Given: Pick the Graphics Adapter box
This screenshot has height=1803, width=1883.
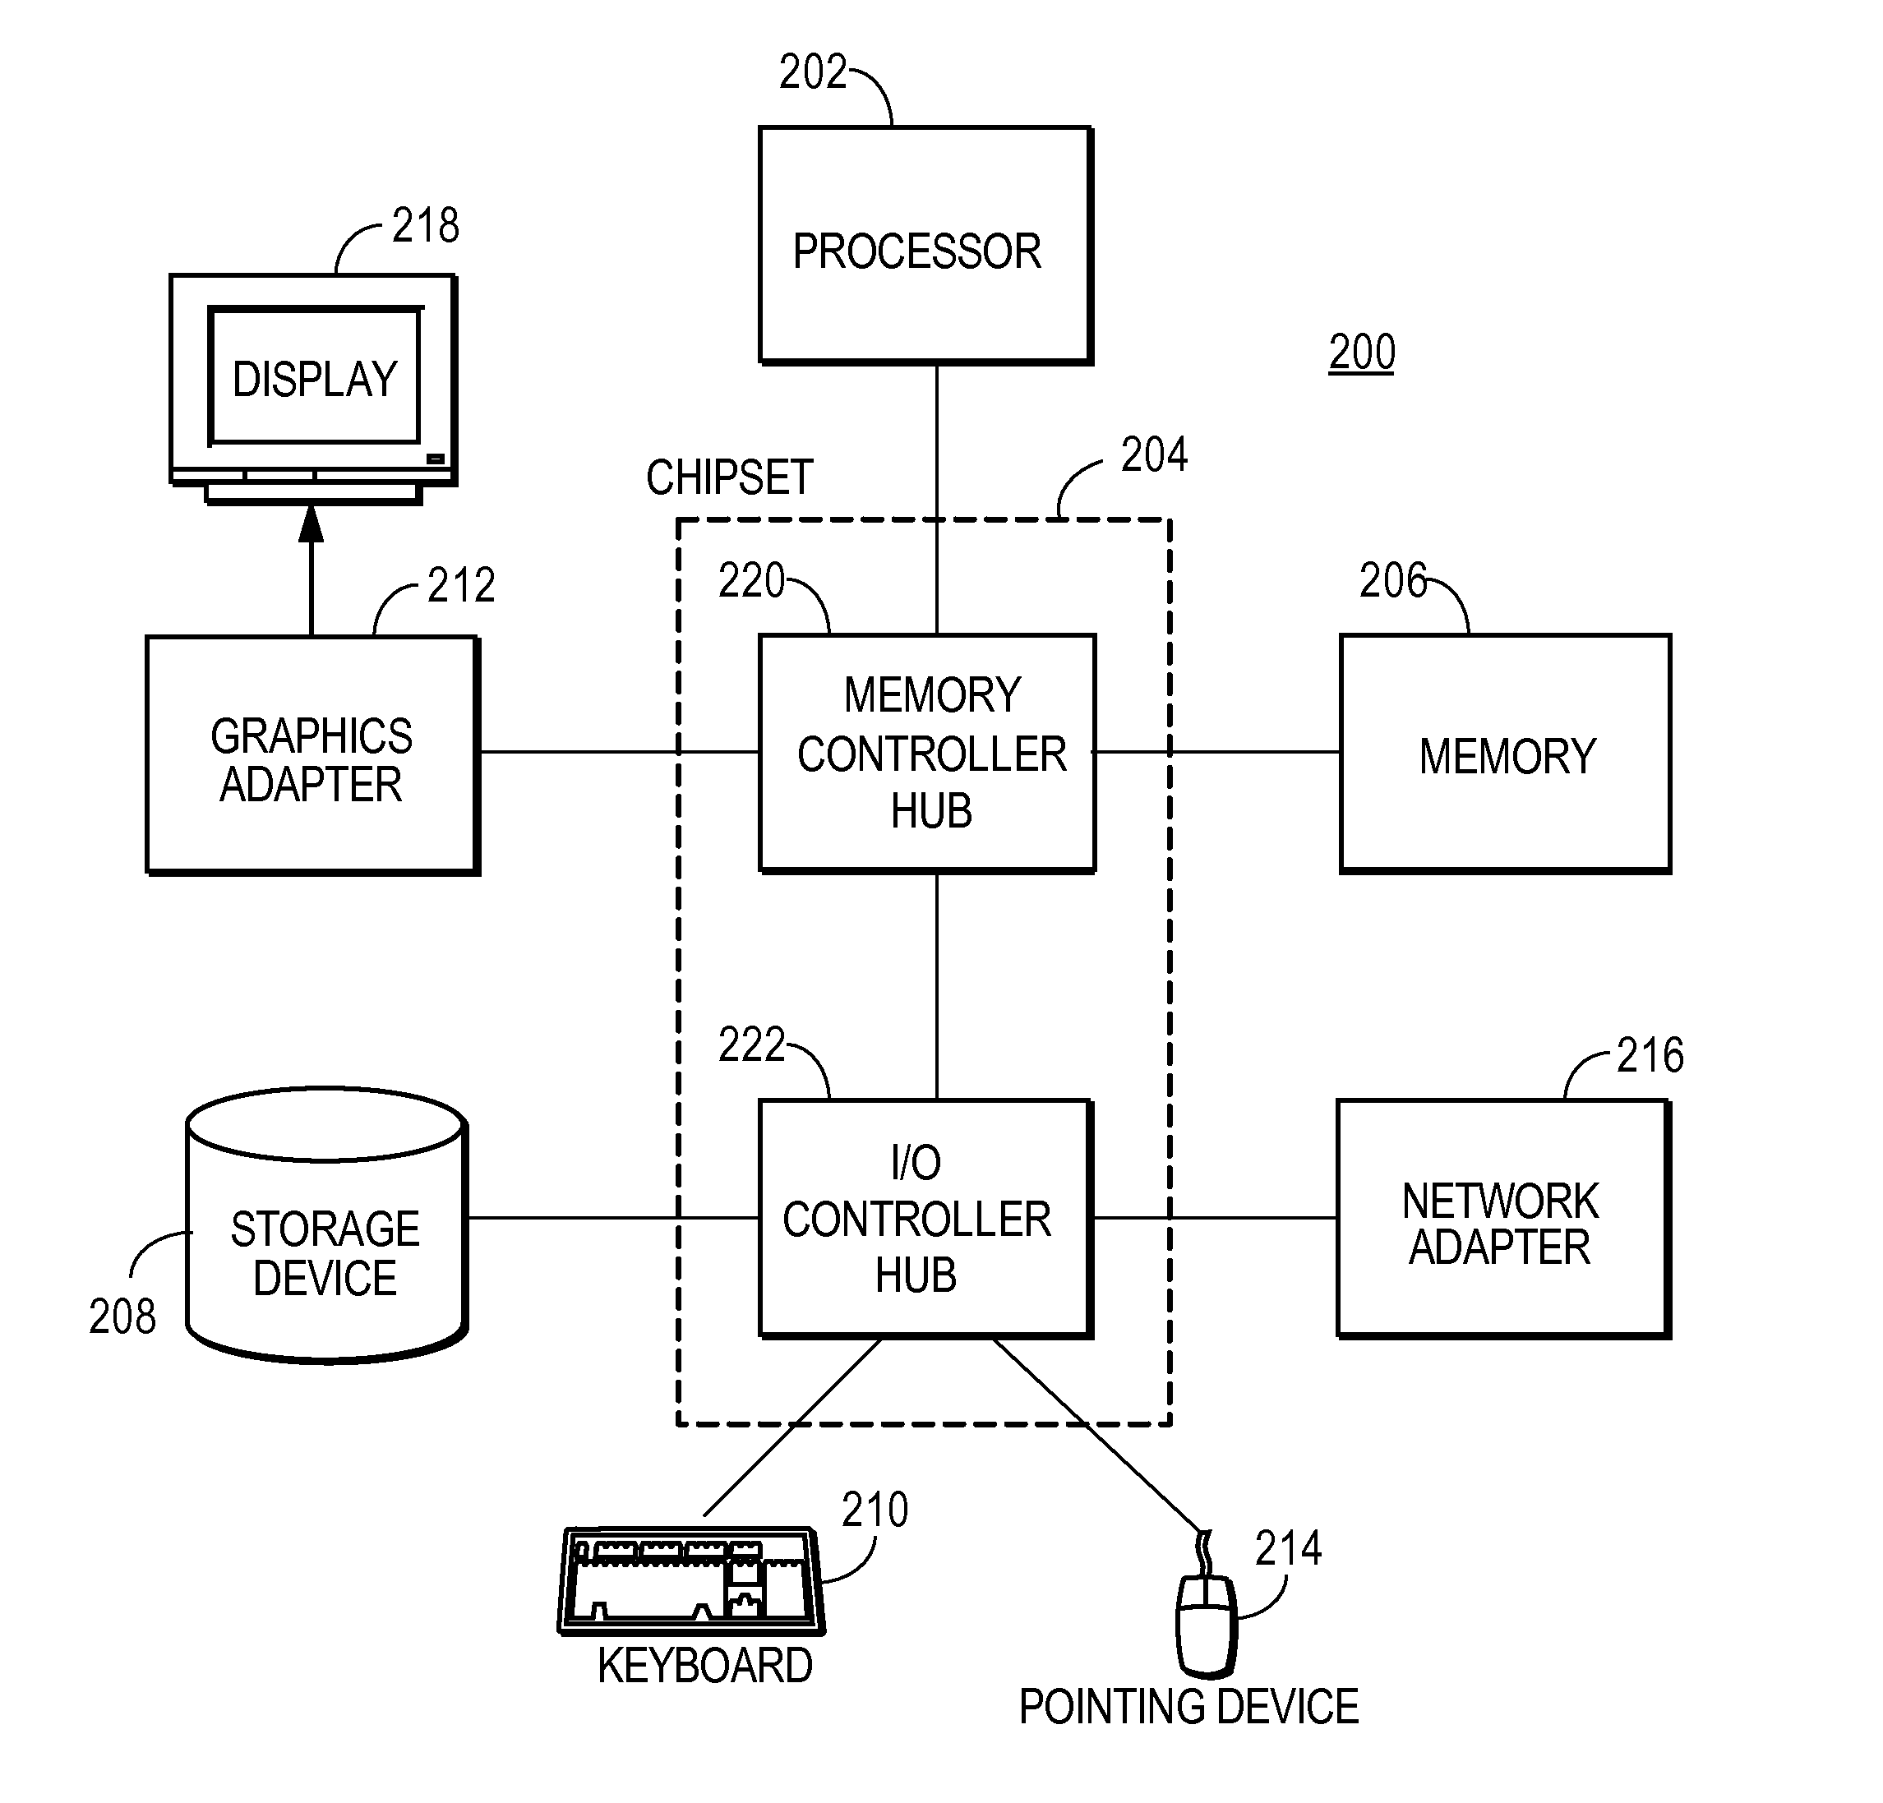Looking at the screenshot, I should (x=312, y=754).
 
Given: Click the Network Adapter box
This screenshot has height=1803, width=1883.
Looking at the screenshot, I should (x=1502, y=1218).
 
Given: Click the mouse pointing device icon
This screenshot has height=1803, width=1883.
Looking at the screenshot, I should (x=1207, y=1623).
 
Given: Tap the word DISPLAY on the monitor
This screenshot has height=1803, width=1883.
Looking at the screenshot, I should (x=315, y=380).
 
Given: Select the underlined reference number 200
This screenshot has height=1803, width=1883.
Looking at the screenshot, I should (x=1361, y=353).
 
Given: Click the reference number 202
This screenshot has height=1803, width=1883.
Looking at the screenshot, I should (x=812, y=73).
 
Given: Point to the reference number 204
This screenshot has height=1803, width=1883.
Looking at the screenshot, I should (x=1154, y=455).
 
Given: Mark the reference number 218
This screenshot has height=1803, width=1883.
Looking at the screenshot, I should (x=426, y=226).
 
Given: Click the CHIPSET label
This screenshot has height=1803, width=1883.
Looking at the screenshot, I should (x=729, y=477).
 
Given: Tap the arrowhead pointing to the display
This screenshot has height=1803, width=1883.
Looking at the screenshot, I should (x=311, y=524).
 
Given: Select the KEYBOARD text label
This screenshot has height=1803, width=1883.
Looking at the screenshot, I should (x=704, y=1666).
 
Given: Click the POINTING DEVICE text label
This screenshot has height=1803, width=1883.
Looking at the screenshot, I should (x=1188, y=1707).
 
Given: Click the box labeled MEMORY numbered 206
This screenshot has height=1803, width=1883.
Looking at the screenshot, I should (x=1506, y=754).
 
